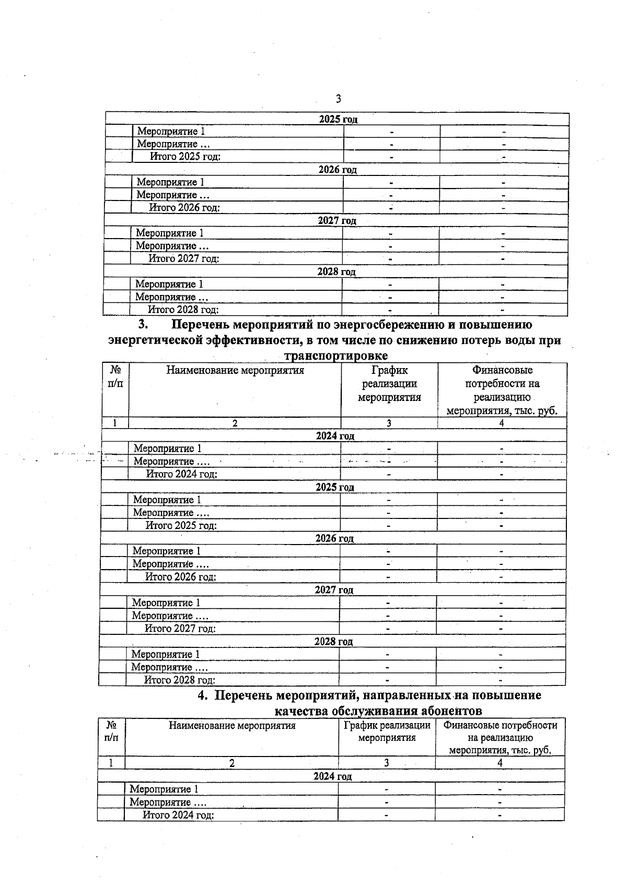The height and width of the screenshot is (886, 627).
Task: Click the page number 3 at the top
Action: coord(338,99)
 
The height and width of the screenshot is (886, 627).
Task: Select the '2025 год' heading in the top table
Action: coord(338,120)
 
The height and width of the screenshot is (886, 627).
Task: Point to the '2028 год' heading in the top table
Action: coord(336,272)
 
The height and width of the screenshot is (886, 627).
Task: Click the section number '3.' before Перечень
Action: coord(144,325)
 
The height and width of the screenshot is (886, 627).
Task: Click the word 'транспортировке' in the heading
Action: coord(335,356)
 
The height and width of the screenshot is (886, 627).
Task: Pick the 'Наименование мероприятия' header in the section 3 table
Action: coord(235,371)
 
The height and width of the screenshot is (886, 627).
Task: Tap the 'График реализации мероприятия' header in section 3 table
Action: coord(389,384)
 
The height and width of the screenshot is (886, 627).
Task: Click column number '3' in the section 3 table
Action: coord(389,423)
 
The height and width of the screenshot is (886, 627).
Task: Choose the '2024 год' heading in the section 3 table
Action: coord(335,436)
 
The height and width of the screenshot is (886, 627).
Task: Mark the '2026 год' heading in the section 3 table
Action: coord(334,538)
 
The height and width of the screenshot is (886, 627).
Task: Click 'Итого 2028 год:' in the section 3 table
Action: coord(180,680)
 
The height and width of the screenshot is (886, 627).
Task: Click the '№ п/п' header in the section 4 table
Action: coord(111,731)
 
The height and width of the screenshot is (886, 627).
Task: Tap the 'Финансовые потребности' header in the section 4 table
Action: coord(500,726)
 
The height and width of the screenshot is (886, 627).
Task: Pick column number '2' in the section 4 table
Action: coord(231,763)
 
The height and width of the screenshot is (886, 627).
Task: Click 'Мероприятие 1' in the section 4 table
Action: coord(164,789)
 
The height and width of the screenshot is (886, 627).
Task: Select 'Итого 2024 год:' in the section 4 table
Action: coord(179,815)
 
